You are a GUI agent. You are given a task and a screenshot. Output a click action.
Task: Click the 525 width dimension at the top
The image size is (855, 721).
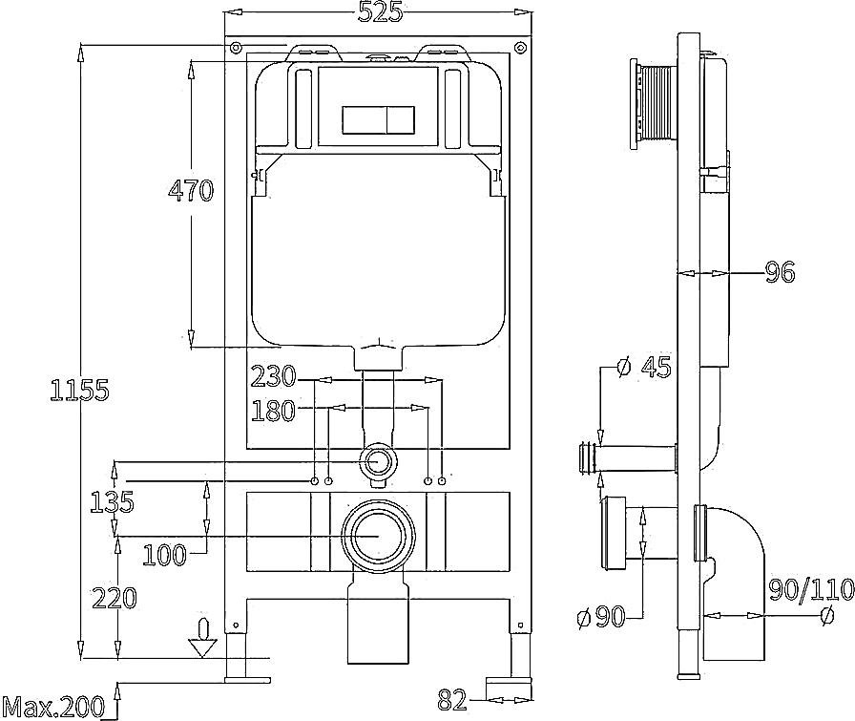(x=380, y=12)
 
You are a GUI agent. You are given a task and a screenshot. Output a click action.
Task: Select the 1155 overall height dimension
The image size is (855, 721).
(x=79, y=390)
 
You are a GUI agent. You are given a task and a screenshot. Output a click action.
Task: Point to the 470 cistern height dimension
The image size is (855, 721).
(x=191, y=190)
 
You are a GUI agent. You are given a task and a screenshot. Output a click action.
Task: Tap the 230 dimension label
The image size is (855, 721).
(x=273, y=376)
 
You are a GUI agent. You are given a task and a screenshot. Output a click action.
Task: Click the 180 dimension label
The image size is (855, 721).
(x=273, y=411)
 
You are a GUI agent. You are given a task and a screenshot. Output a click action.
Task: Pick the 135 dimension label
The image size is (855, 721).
(x=112, y=501)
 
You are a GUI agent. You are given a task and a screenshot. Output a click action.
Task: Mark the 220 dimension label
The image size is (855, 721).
(x=114, y=598)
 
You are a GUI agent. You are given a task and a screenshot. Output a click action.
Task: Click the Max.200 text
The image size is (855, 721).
(x=53, y=708)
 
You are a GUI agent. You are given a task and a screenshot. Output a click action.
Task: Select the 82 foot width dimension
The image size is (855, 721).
(x=452, y=700)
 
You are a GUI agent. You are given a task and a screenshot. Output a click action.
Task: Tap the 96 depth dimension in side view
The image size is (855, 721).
(x=781, y=272)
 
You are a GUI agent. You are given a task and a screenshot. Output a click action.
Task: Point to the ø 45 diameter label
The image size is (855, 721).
(x=643, y=367)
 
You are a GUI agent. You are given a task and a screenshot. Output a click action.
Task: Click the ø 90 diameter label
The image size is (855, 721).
(x=600, y=617)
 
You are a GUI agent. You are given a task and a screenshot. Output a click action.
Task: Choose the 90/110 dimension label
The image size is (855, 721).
(x=811, y=589)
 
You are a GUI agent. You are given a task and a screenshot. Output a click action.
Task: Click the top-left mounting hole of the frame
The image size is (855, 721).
(x=236, y=47)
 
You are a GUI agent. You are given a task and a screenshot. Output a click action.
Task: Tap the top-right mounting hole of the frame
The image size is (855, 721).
(x=521, y=47)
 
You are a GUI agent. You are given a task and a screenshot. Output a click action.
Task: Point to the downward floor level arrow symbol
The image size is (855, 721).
(x=202, y=638)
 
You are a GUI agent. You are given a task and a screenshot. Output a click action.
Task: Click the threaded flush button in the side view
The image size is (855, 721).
(x=654, y=105)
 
